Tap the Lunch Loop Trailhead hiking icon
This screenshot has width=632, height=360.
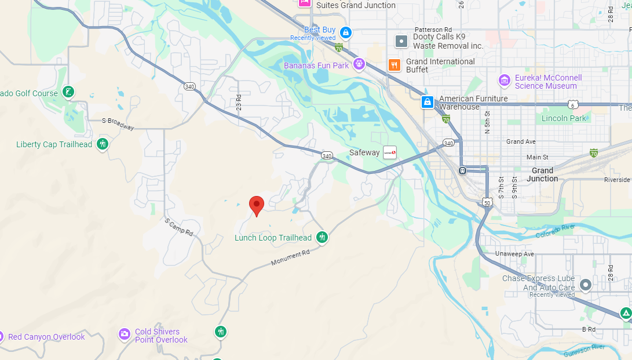[322, 237]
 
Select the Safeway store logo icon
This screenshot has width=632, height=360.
[390, 152]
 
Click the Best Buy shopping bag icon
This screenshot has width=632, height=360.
[346, 32]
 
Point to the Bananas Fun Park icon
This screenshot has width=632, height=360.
[359, 64]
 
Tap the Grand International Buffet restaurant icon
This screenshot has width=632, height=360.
[394, 65]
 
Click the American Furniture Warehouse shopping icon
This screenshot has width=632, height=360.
[428, 102]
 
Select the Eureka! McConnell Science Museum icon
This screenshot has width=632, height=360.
[505, 80]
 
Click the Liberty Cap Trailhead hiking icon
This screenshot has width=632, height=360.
[103, 144]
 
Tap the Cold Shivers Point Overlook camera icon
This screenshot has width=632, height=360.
[125, 334]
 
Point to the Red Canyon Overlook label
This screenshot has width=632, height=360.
[46, 337]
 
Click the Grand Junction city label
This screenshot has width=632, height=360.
[542, 174]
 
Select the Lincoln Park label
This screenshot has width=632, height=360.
[564, 118]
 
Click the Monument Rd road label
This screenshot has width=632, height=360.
[290, 258]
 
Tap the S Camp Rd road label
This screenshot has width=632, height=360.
[178, 227]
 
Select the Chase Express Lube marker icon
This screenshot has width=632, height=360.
[586, 285]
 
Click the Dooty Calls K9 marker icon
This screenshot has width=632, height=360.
[401, 41]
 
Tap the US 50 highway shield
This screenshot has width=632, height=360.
[487, 202]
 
